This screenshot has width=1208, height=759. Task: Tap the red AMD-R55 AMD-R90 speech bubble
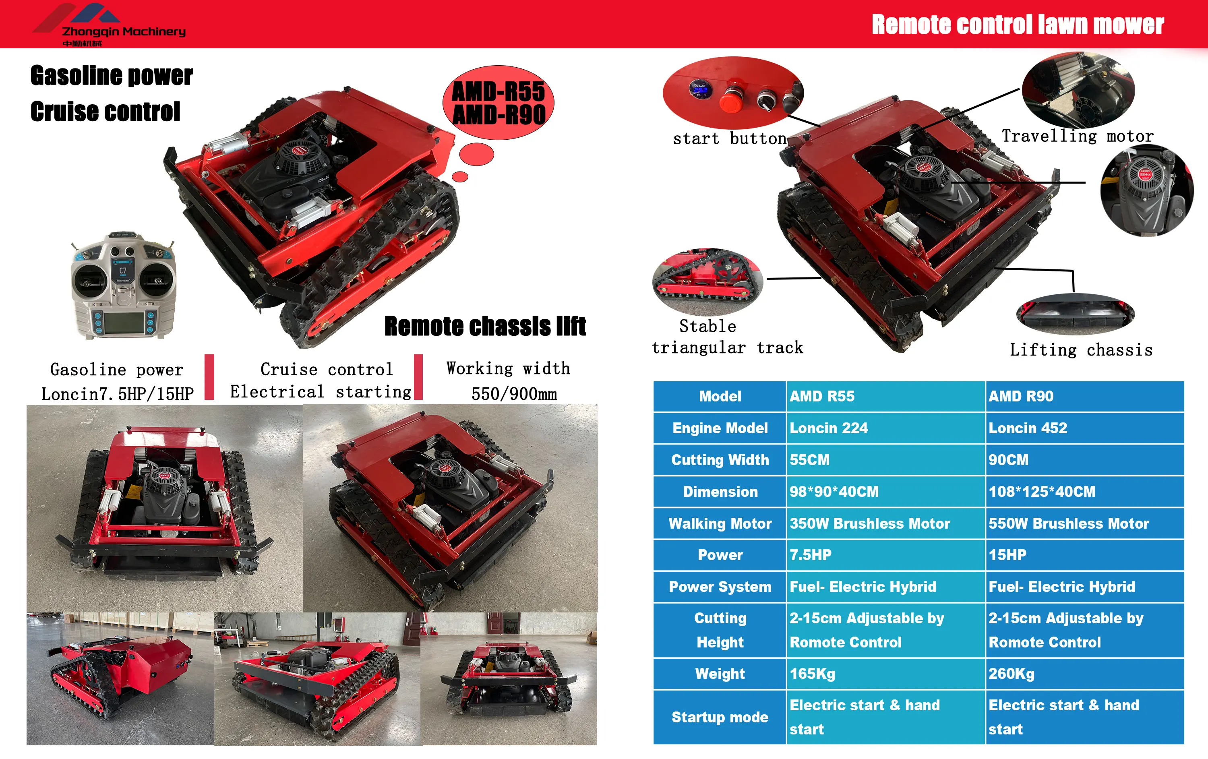[x=498, y=103]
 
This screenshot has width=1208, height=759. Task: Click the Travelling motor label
[x=1077, y=136]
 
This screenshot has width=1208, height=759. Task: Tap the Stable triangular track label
[x=727, y=337]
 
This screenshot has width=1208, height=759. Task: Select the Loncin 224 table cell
[x=828, y=428]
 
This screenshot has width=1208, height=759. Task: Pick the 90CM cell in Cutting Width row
[x=1008, y=459]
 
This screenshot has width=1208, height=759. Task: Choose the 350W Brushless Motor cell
[x=869, y=523]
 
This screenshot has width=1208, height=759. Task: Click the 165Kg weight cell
[x=812, y=673]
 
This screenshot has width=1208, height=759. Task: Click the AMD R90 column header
[x=1020, y=396]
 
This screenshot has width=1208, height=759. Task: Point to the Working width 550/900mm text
[x=508, y=381]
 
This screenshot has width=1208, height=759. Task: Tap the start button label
[x=729, y=139]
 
